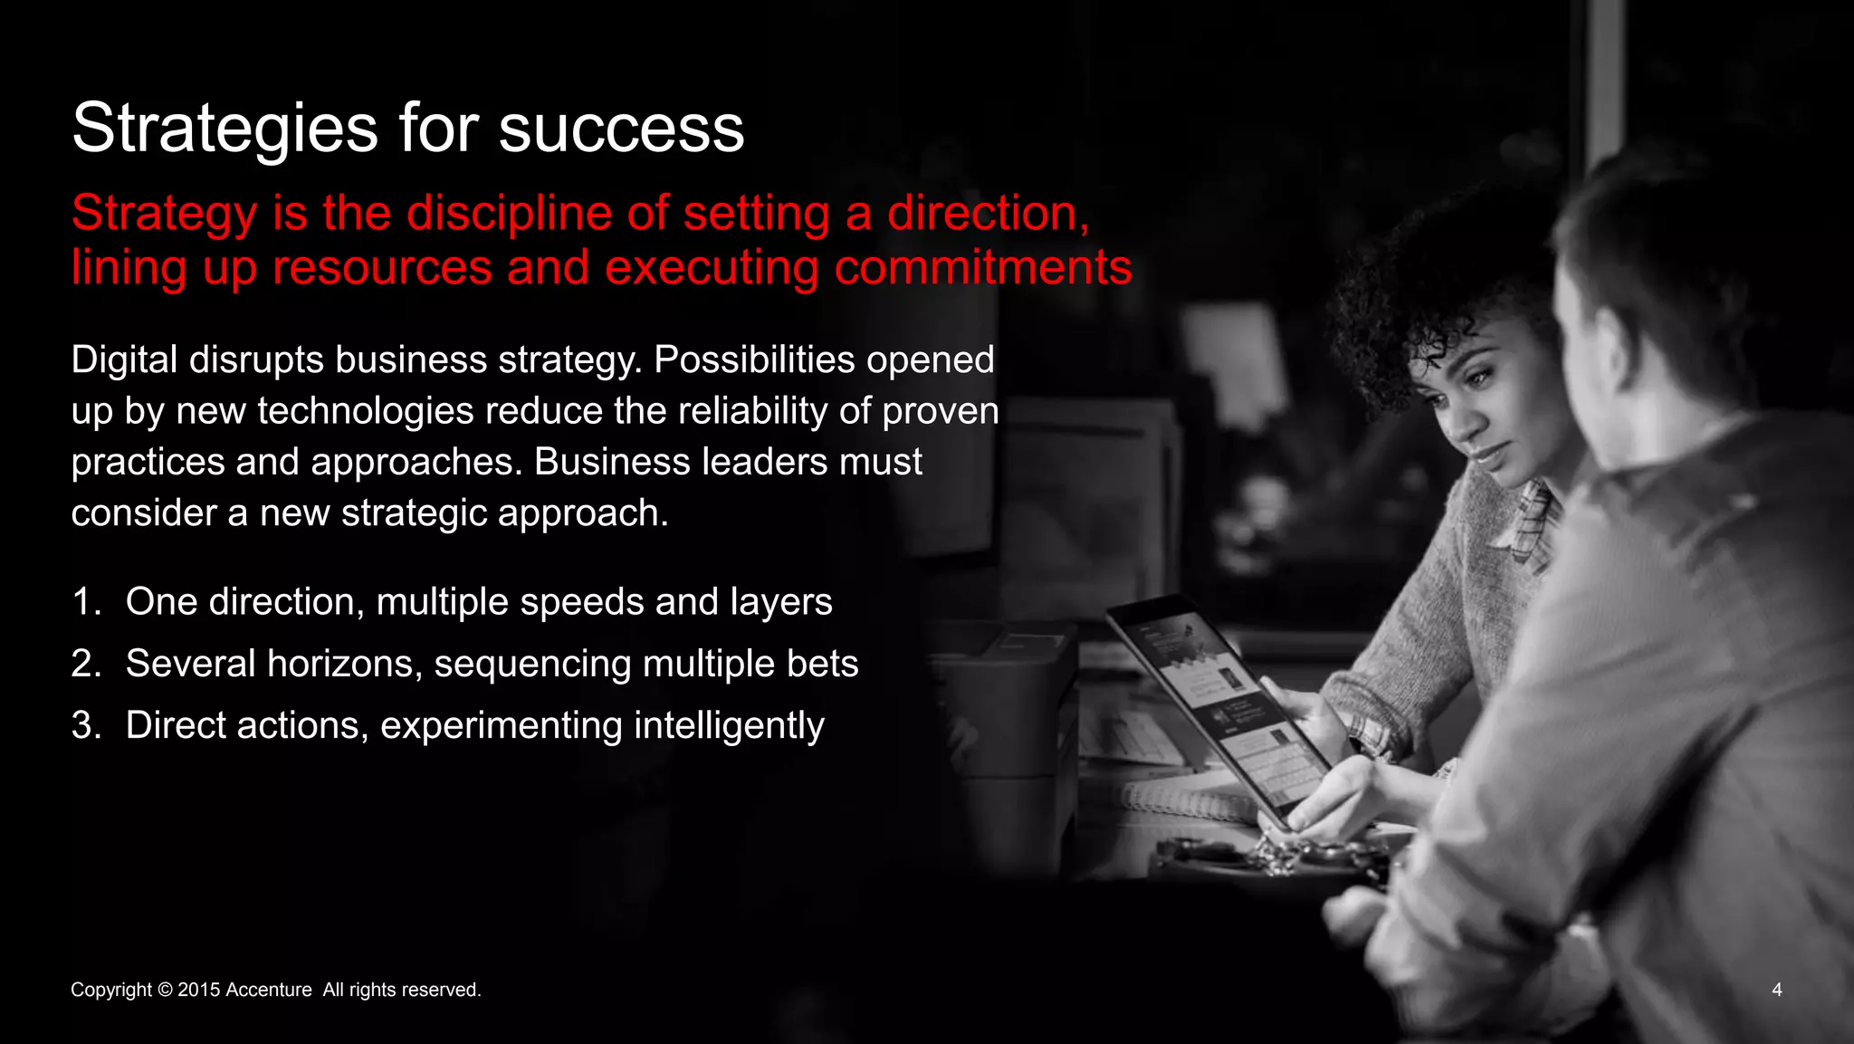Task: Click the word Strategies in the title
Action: (x=225, y=129)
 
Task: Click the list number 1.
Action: (x=84, y=602)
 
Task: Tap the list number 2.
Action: (x=84, y=664)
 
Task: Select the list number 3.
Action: (x=84, y=725)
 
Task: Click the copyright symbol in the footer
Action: (x=165, y=990)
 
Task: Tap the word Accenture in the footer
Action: (x=268, y=990)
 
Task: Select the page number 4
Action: (x=1776, y=990)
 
